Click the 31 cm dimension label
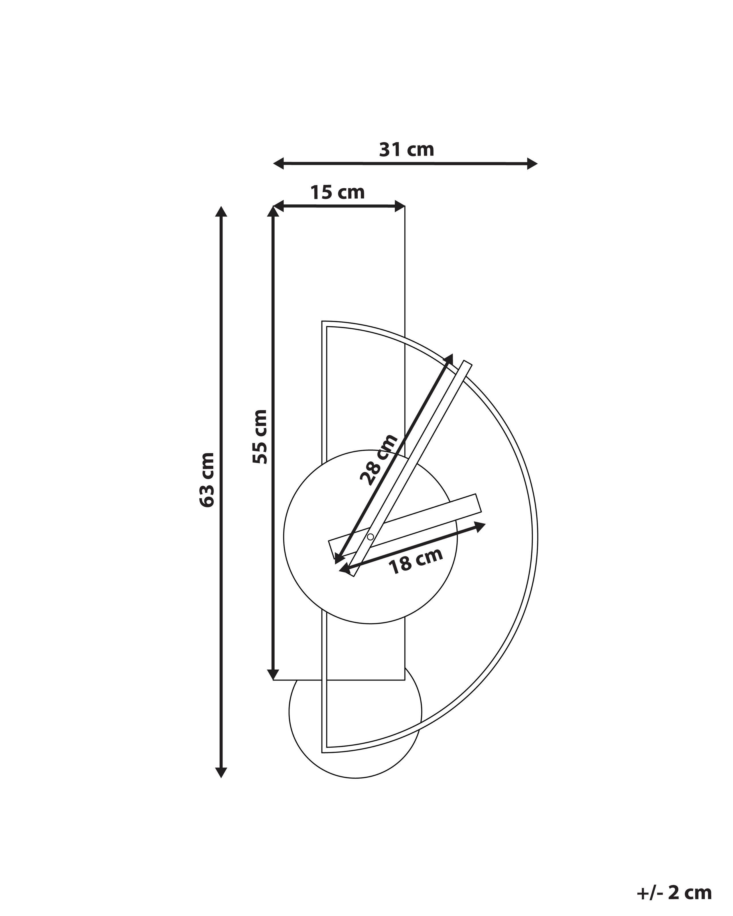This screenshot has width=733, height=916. tap(406, 149)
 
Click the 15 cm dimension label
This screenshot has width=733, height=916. tap(337, 192)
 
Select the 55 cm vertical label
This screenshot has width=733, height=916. tap(260, 437)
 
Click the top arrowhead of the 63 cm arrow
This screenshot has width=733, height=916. tap(220, 212)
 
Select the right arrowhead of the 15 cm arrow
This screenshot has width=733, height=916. tap(399, 207)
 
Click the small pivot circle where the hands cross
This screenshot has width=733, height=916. tap(370, 537)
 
